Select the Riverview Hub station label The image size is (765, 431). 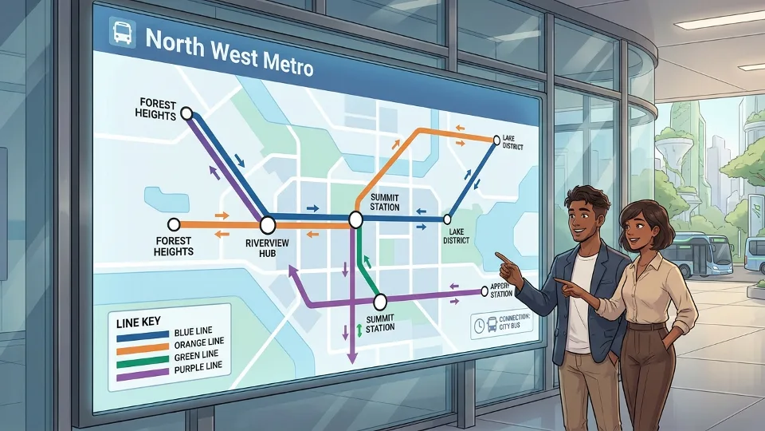coord(266,247)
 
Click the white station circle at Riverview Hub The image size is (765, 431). coord(268,225)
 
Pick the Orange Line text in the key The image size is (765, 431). coord(198,342)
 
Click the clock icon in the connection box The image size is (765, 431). coord(478,325)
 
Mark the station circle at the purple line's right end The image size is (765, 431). coord(484,291)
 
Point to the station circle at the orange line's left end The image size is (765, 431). coord(173,225)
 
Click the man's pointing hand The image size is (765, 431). coord(504,259)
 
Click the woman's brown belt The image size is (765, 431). coord(647,326)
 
